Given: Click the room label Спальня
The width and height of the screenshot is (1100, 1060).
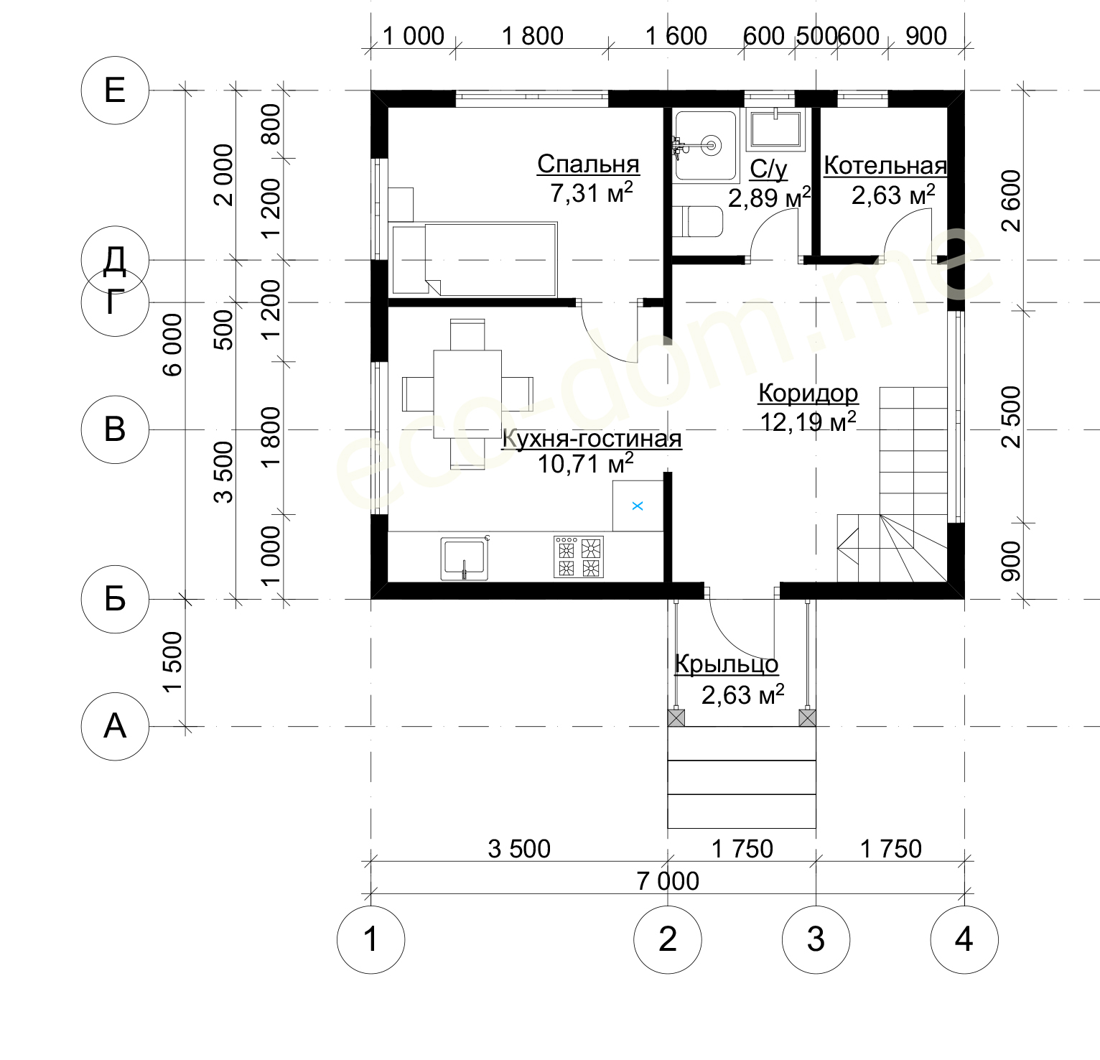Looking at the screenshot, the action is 588,164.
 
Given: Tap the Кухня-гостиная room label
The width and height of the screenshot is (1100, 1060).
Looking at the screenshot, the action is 592,438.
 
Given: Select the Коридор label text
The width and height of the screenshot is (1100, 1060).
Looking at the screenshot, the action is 808,394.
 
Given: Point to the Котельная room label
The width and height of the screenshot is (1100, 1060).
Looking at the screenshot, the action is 885,166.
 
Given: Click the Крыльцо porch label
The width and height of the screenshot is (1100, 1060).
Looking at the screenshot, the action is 727,664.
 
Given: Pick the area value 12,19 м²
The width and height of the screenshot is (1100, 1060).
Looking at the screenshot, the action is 808,421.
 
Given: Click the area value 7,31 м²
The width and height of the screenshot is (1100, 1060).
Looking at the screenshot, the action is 592,192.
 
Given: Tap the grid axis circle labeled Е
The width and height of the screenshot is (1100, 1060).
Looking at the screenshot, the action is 115,90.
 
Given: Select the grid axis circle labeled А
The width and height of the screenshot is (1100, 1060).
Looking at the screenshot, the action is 115,726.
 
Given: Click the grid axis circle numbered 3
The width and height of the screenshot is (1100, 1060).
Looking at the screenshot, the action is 816,939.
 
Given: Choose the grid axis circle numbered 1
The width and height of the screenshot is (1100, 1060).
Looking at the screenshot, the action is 370,939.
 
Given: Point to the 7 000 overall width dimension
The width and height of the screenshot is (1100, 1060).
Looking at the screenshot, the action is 668,880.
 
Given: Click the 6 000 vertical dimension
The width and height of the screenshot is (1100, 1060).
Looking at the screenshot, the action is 173,345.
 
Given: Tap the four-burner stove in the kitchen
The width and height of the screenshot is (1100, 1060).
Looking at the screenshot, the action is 579,557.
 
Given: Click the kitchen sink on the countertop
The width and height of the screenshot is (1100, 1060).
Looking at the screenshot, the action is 465,558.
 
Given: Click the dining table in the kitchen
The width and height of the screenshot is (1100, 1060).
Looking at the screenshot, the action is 467,394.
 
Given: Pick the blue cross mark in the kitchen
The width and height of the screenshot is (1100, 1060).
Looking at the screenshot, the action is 638,506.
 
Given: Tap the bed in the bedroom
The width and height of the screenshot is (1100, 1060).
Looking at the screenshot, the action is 473,259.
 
